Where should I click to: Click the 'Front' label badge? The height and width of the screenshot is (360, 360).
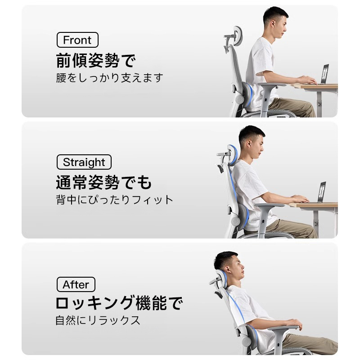point(77,40)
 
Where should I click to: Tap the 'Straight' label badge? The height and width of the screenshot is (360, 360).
point(84,162)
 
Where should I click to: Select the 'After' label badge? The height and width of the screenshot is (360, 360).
point(76,284)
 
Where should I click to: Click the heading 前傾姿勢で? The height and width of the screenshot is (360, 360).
point(96,60)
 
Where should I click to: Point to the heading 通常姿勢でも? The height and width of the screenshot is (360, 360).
point(104,182)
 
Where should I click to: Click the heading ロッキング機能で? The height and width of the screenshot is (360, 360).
point(119,303)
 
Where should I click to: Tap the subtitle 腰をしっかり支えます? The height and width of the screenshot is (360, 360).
point(109,78)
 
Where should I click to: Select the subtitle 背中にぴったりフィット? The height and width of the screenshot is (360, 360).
point(114,200)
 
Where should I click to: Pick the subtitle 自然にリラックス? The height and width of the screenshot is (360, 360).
point(98,320)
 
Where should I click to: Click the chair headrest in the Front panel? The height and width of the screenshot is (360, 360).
point(237,37)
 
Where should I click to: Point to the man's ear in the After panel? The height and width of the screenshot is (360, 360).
point(227,269)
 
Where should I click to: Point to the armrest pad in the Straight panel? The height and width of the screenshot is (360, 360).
point(269,205)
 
